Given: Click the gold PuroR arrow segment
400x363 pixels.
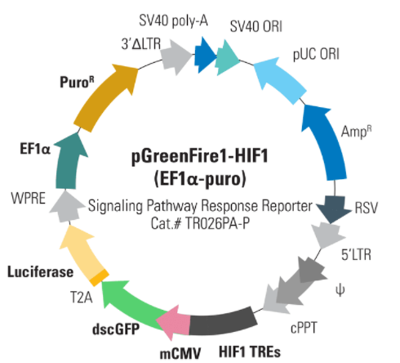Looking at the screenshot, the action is pos(104,96).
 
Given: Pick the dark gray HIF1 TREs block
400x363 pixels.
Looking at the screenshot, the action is pos(223,321).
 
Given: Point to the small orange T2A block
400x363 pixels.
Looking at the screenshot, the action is pos(100,277).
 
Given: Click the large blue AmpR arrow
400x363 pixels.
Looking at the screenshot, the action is pos(325,141).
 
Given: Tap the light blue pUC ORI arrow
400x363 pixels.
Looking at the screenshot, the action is pos(279,79).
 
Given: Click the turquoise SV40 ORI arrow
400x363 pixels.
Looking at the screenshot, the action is pos(227,57).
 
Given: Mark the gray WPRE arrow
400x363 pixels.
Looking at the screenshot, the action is pos(66,206).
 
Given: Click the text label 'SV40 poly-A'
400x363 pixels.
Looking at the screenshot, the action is pos(173,21).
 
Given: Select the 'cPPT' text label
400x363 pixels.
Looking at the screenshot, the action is pos(304,328).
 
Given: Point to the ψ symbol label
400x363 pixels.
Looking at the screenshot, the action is pos(340,290).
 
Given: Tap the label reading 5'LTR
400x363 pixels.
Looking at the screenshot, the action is pos(356,255).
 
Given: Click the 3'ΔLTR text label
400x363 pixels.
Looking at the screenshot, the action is pos(141,44).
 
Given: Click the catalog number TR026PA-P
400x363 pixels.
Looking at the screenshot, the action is pos(217,224).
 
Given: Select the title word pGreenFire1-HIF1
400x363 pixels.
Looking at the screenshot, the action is pos(200,156).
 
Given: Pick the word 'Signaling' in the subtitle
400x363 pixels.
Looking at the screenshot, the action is pos(115,206).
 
